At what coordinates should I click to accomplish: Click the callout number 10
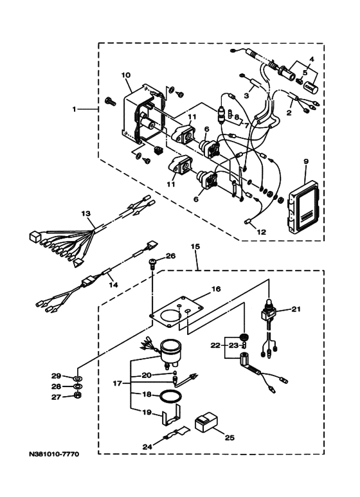tap(125, 75)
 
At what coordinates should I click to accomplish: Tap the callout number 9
tap(306, 161)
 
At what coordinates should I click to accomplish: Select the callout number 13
tap(86, 213)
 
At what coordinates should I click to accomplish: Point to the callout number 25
tap(230, 438)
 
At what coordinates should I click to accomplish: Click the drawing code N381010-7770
tap(54, 455)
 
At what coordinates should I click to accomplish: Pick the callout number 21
tap(296, 309)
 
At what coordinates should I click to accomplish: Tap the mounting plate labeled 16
tap(177, 312)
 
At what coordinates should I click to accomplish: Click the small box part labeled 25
tap(206, 422)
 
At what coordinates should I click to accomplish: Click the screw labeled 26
tap(152, 264)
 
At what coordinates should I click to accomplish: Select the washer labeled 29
tap(78, 378)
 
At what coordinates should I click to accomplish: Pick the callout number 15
tap(195, 246)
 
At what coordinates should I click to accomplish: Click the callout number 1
tap(74, 109)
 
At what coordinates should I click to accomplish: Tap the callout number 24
tap(147, 447)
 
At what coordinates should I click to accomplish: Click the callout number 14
tap(113, 285)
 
